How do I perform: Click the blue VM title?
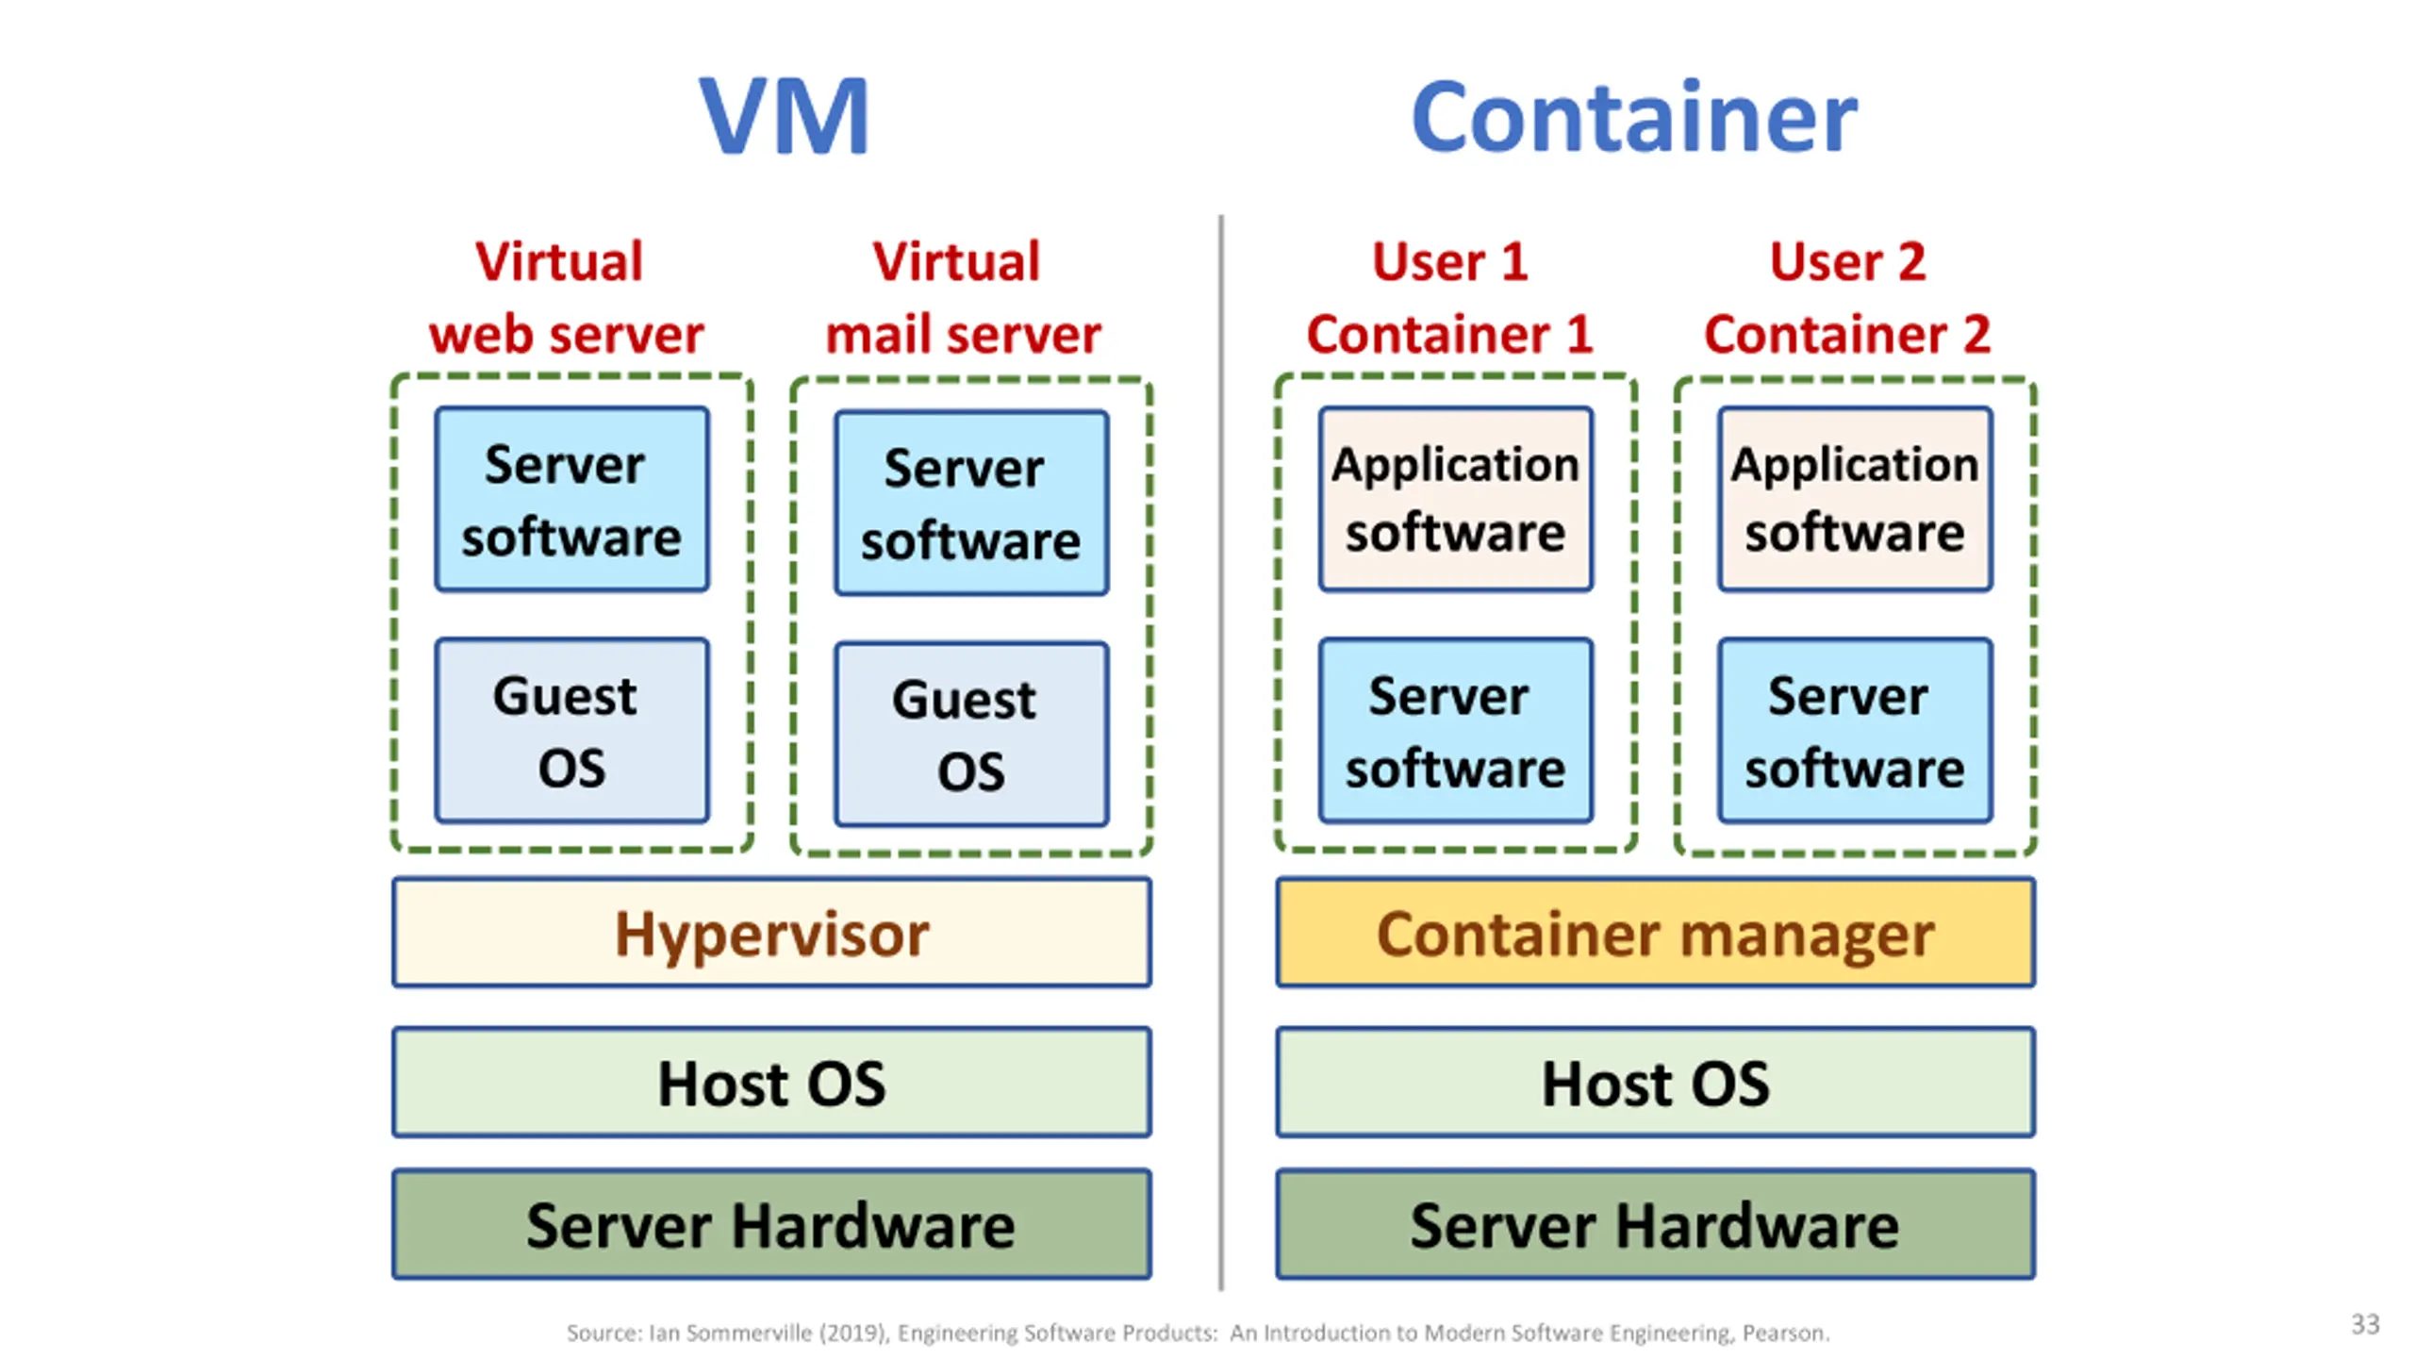(784, 117)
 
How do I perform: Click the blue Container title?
(1633, 117)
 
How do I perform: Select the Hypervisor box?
(771, 933)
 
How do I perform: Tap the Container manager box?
(1655, 933)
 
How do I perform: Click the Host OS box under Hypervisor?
(771, 1083)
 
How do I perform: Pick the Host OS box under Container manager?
(1655, 1083)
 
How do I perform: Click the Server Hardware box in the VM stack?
(771, 1224)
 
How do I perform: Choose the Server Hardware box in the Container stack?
(1655, 1224)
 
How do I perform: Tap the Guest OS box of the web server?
(571, 731)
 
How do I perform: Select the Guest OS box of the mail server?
(971, 735)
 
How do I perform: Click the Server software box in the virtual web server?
(571, 500)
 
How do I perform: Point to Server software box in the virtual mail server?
(971, 504)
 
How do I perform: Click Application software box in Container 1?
(1456, 500)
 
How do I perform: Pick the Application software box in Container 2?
(1855, 500)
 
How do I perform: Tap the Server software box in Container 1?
(1456, 731)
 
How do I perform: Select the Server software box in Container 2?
(1855, 731)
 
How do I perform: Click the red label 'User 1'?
(1449, 261)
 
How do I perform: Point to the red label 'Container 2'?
(1847, 334)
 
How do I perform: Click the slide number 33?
(2365, 1324)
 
